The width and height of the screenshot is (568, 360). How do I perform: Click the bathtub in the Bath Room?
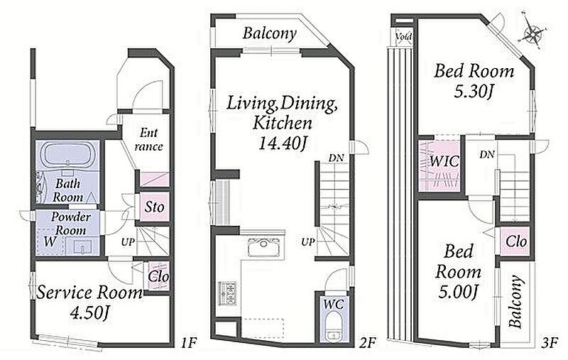[67, 155]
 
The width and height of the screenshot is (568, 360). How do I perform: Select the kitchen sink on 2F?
[263, 246]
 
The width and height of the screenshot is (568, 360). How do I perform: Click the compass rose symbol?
[532, 33]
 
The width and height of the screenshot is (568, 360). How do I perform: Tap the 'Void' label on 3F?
[403, 37]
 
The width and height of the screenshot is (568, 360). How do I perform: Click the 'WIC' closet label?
[444, 161]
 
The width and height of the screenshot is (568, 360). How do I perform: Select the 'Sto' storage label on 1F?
[154, 207]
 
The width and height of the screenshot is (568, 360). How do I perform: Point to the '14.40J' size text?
[283, 143]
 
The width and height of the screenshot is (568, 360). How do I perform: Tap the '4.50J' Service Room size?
[89, 312]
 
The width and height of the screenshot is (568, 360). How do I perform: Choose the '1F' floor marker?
[189, 342]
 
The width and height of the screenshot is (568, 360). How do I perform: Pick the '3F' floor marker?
[549, 342]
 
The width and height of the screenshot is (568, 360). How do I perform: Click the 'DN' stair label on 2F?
[336, 158]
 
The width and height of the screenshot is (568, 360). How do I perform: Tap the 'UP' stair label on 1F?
[128, 242]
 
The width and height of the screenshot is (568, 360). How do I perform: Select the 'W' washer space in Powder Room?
[50, 241]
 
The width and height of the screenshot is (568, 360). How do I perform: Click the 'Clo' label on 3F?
[516, 241]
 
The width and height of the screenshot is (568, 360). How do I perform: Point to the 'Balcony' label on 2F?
[270, 33]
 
